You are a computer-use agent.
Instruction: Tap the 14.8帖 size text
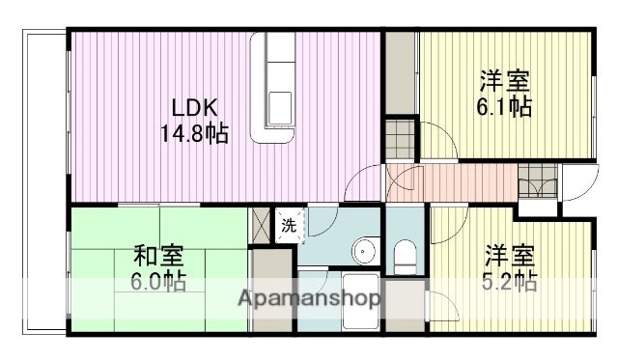click(x=194, y=133)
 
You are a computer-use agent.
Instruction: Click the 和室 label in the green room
click(x=159, y=257)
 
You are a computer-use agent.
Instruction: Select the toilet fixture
click(x=404, y=255)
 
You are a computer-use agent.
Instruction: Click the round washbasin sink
click(x=363, y=252)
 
